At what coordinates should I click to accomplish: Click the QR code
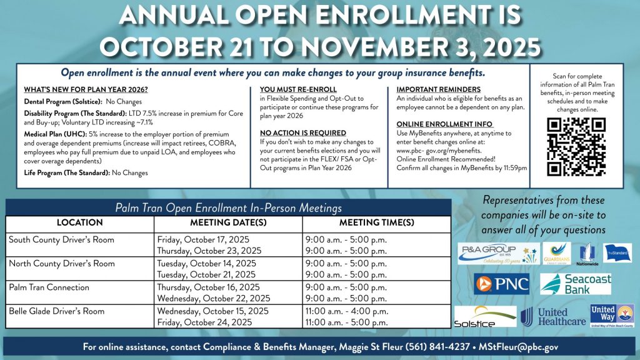click(576, 146)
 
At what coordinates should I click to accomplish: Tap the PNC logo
click(502, 283)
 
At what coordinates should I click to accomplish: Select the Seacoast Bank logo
click(576, 283)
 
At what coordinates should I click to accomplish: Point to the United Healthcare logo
click(554, 317)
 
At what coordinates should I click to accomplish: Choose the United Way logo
click(612, 316)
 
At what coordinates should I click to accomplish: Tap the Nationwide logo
click(581, 254)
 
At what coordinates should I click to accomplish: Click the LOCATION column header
click(79, 222)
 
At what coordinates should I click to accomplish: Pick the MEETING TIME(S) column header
click(376, 222)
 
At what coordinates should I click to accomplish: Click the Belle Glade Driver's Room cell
click(57, 311)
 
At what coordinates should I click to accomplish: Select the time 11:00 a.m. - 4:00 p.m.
click(346, 311)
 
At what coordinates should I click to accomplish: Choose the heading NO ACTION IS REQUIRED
click(302, 133)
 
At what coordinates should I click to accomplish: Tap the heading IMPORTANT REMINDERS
click(438, 90)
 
